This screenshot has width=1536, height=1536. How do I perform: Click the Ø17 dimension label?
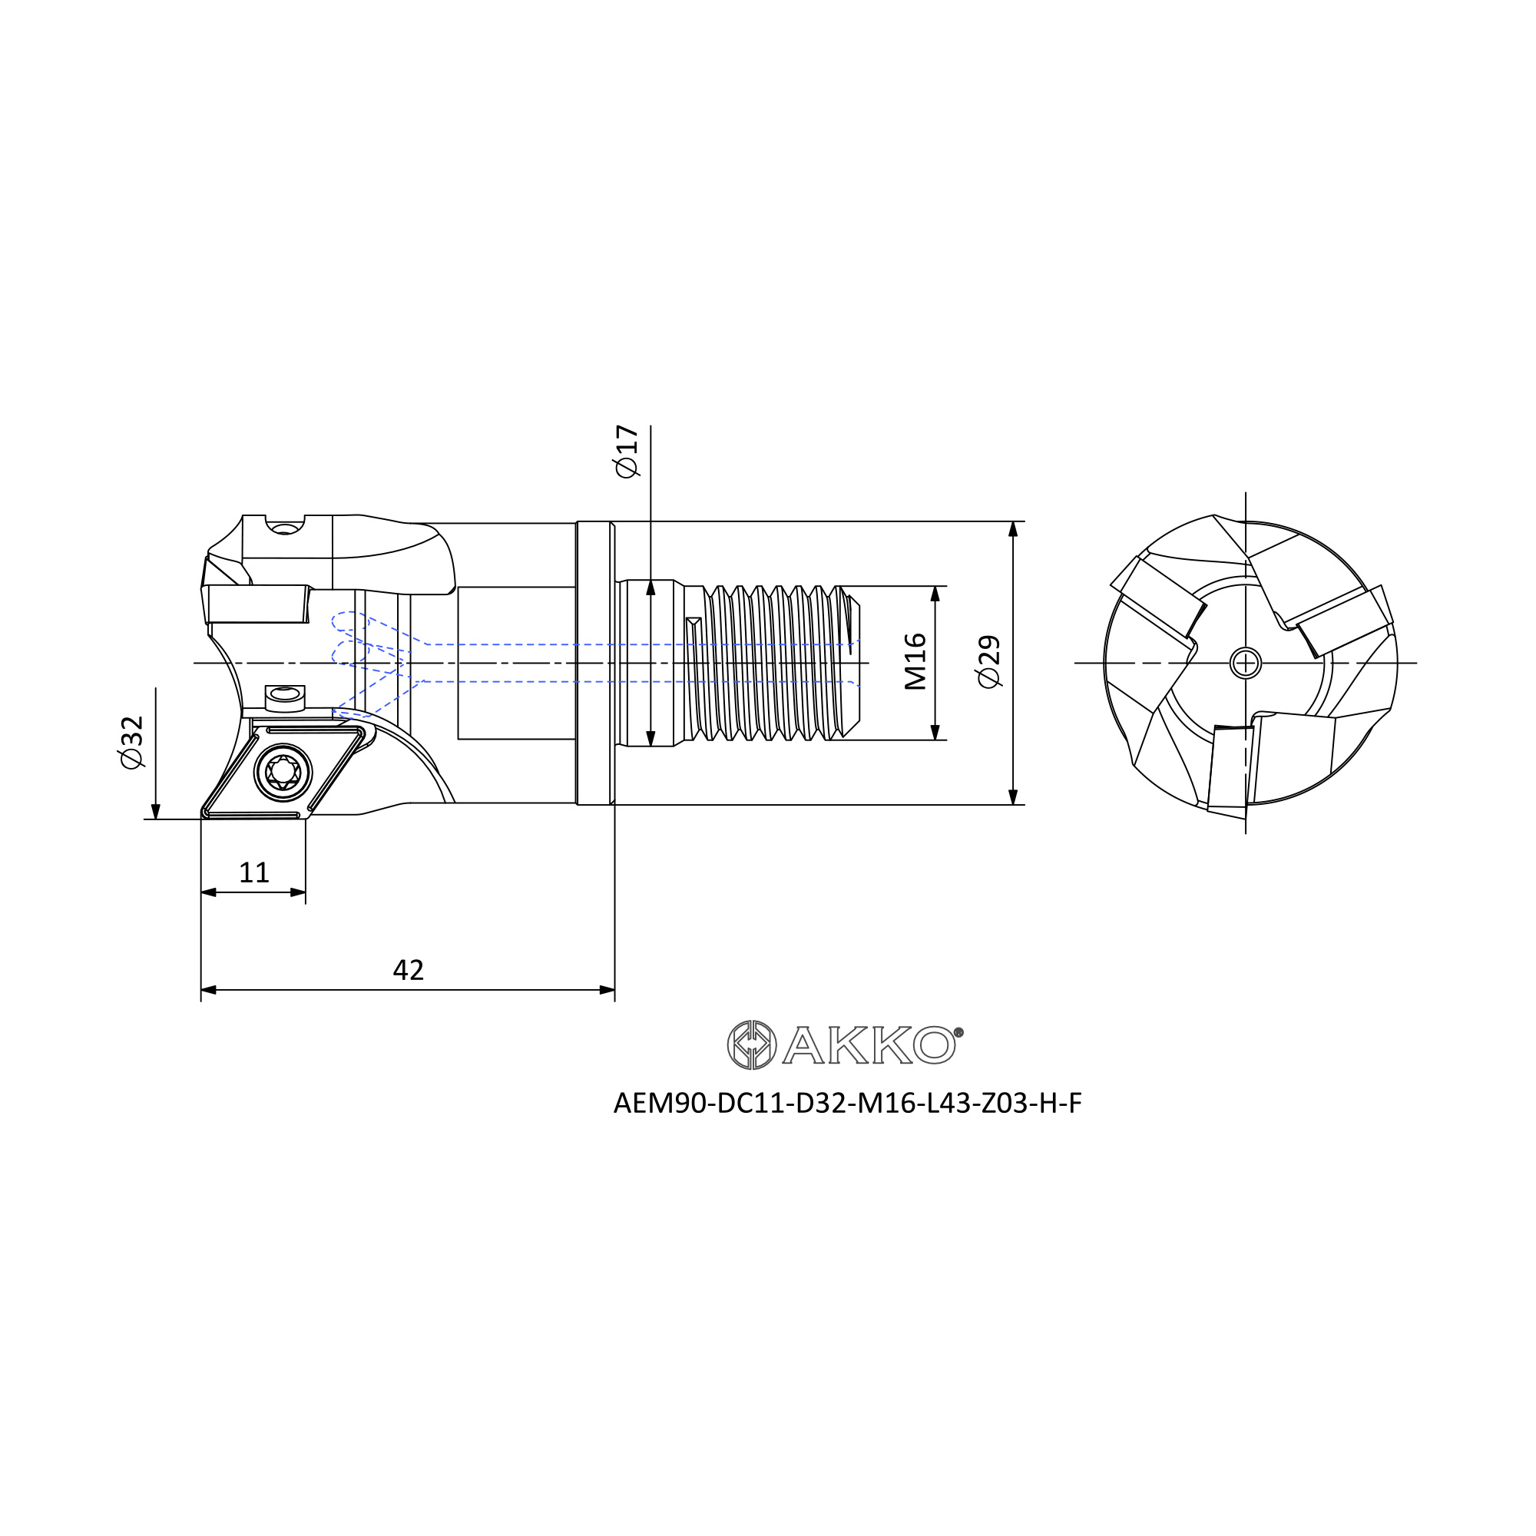point(627,452)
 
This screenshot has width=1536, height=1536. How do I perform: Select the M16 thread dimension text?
point(915,661)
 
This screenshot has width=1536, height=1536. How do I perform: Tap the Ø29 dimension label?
point(989,661)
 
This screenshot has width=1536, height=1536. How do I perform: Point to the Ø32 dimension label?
point(131,742)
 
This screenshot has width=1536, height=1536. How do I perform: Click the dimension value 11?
point(253,873)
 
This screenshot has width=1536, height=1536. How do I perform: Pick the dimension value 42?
point(408,970)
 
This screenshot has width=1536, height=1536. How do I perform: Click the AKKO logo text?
point(868,1044)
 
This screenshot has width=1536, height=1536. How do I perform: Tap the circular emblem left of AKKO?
point(751,1044)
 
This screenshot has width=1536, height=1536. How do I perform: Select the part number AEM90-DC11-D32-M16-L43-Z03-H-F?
point(848,1104)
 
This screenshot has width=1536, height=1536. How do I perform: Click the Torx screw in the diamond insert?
point(283,772)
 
